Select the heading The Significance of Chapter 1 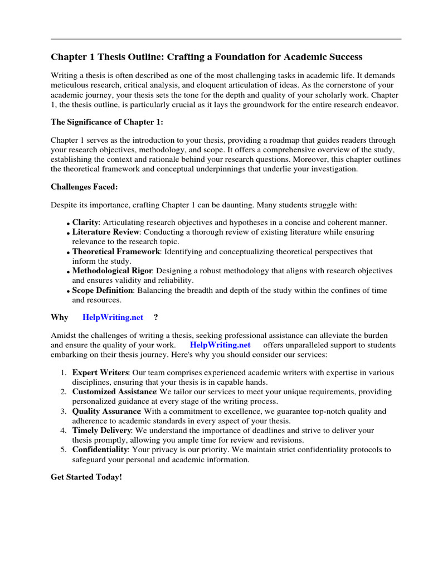tap(100, 122)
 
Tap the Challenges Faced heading tap(84, 187)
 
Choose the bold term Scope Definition tap(103, 291)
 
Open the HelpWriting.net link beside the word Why tap(113, 317)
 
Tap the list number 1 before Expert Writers tap(64, 372)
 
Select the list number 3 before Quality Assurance tap(64, 412)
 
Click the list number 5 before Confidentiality tap(64, 449)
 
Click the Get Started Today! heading tap(86, 478)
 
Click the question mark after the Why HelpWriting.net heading tap(155, 317)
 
